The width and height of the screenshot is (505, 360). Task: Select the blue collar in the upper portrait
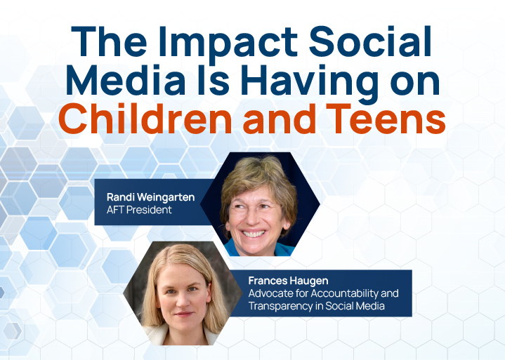point(281,248)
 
